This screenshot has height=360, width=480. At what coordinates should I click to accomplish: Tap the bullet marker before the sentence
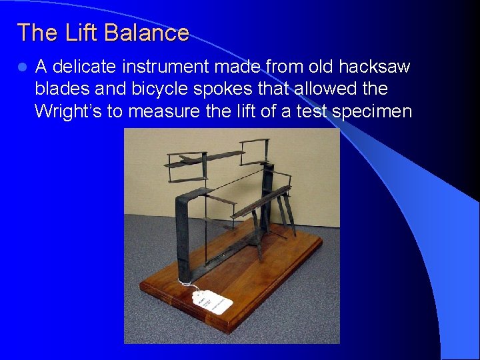tap(23, 67)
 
